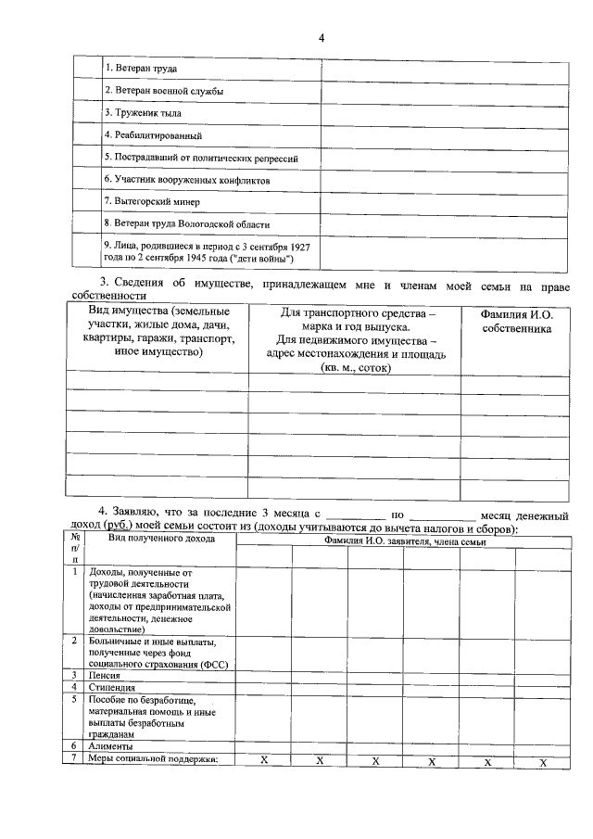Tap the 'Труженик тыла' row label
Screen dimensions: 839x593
coord(142,113)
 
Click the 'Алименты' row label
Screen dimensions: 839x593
coord(110,746)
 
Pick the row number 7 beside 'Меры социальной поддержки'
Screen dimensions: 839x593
coord(74,759)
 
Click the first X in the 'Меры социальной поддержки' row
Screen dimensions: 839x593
coord(264,760)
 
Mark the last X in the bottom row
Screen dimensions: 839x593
coord(544,761)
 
